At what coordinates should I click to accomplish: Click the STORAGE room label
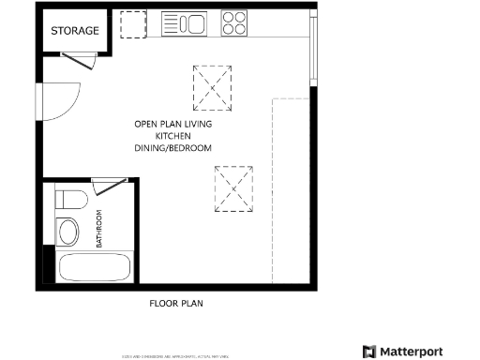point(75,31)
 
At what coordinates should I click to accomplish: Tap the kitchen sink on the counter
point(185,23)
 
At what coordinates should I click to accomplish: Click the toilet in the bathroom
point(69,199)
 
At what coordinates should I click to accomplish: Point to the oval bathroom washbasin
point(69,232)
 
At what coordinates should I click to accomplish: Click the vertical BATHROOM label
point(99,231)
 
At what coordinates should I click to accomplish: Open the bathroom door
point(109,185)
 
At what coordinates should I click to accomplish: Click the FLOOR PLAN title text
point(176,303)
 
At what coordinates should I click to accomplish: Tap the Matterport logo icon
point(368,352)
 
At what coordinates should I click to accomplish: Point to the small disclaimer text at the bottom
point(175,356)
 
